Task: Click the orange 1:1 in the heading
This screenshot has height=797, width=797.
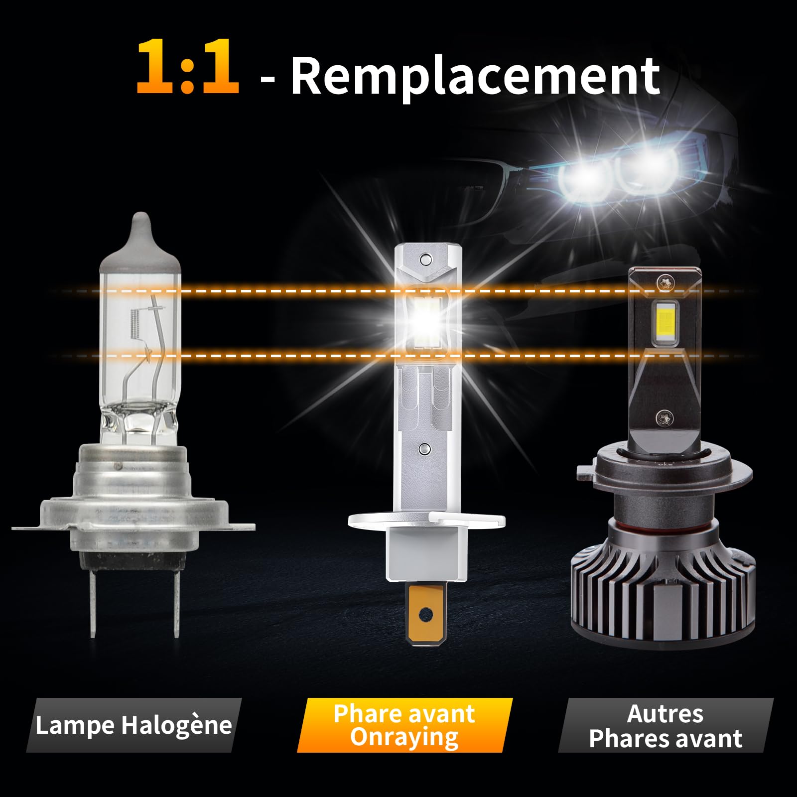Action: pyautogui.click(x=188, y=67)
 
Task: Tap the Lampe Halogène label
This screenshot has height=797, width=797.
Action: pyautogui.click(x=133, y=725)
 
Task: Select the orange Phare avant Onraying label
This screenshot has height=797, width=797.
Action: pyautogui.click(x=404, y=725)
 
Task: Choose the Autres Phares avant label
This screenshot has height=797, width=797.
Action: pyautogui.click(x=665, y=726)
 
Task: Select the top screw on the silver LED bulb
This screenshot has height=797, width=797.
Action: pyautogui.click(x=424, y=260)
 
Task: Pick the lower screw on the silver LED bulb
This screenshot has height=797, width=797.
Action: pyautogui.click(x=424, y=449)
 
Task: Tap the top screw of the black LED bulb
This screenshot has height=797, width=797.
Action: pyautogui.click(x=664, y=284)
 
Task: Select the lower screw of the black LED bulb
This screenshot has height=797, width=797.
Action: pyautogui.click(x=664, y=418)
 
